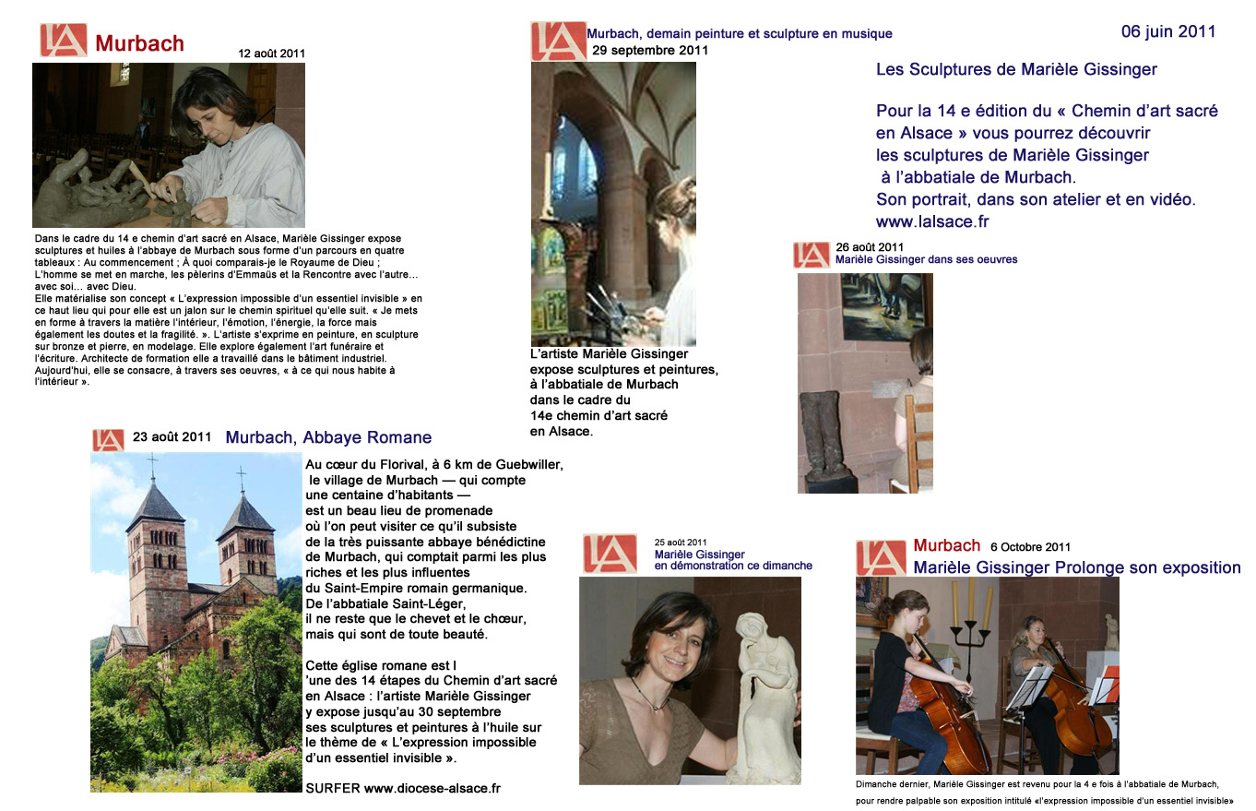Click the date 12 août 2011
pyautogui.click(x=271, y=54)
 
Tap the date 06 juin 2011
pyautogui.click(x=1167, y=31)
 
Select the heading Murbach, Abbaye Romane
pyautogui.click(x=328, y=437)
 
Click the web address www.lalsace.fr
pyautogui.click(x=932, y=221)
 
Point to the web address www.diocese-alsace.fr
pyautogui.click(x=432, y=788)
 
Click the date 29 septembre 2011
pyautogui.click(x=650, y=50)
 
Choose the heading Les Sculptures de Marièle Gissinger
pyautogui.click(x=1016, y=69)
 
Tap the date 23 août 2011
pyautogui.click(x=172, y=436)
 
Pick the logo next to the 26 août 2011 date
pyautogui.click(x=811, y=255)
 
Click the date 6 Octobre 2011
pyautogui.click(x=1030, y=547)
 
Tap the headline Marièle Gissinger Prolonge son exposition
pyautogui.click(x=1076, y=567)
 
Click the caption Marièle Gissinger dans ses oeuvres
pyautogui.click(x=926, y=259)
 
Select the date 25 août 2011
pyautogui.click(x=681, y=543)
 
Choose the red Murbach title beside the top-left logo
pyautogui.click(x=139, y=43)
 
